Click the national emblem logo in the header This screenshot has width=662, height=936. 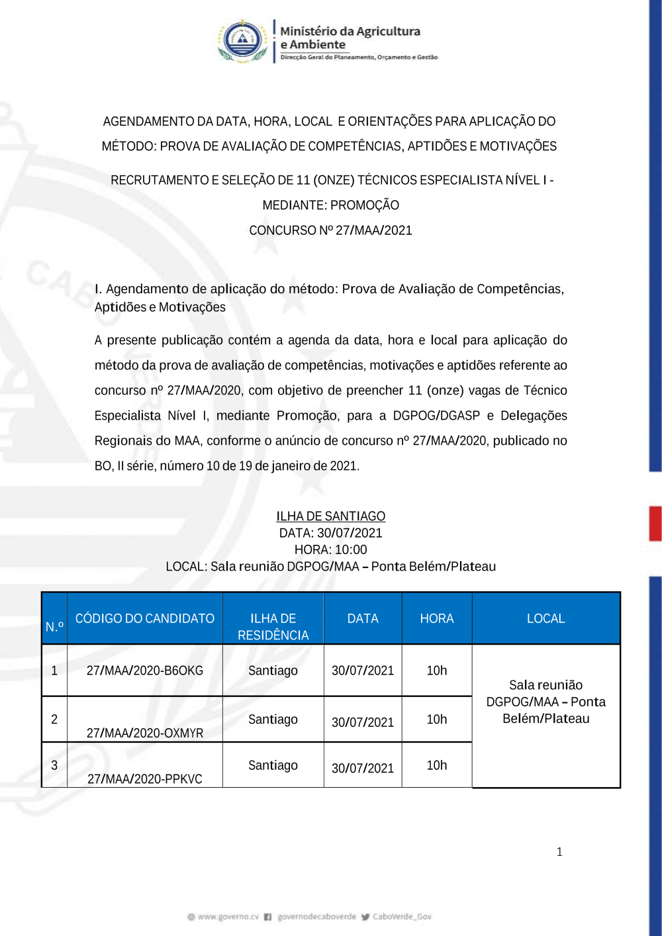[244, 41]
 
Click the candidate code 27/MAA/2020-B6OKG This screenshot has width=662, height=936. [144, 671]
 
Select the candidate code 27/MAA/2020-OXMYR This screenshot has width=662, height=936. [144, 733]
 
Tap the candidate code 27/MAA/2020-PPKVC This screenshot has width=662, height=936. [144, 778]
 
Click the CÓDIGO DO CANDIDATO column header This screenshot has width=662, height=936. [144, 618]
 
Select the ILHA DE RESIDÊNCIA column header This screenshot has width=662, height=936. [273, 626]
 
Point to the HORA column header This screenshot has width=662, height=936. [436, 618]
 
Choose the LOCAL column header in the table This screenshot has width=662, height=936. [545, 618]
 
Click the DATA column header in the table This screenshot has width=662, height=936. [363, 618]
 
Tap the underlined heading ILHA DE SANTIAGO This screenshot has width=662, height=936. [330, 516]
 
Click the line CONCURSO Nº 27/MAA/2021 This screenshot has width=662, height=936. [330, 230]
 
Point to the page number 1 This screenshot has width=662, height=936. [559, 852]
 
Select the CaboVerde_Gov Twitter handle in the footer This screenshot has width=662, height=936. [401, 917]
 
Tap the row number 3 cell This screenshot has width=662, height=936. [54, 765]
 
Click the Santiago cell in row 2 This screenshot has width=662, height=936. [273, 719]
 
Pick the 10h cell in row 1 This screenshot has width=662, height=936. [436, 671]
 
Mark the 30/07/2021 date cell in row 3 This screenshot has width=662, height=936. [363, 768]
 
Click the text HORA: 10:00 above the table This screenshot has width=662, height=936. [330, 549]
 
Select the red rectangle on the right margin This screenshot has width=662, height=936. [655, 524]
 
